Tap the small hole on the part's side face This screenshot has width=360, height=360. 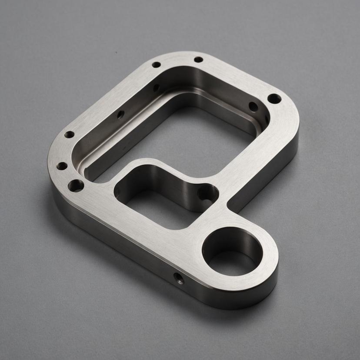pyautogui.click(x=179, y=278)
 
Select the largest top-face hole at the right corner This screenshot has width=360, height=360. pyautogui.click(x=274, y=99)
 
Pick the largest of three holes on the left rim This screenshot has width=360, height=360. pyautogui.click(x=76, y=186)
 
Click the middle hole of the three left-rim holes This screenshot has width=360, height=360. pyautogui.click(x=62, y=166)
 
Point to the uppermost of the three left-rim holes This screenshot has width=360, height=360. pyautogui.click(x=69, y=135)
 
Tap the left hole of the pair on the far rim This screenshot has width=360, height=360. pyautogui.click(x=156, y=65)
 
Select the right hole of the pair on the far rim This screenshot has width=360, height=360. pyautogui.click(x=198, y=60)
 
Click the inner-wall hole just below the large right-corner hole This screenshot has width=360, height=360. pyautogui.click(x=253, y=107)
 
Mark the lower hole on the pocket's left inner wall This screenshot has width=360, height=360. pyautogui.click(x=120, y=115)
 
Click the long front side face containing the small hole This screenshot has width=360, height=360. pyautogui.click(x=130, y=252)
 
